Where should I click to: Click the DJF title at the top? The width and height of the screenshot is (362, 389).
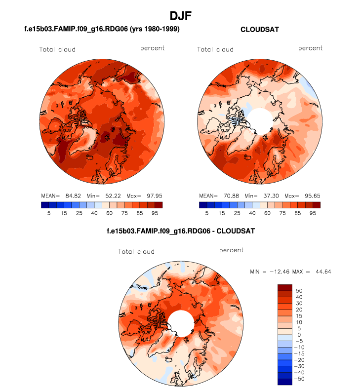[x=180, y=16]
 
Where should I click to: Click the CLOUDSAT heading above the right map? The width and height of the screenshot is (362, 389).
[x=259, y=30]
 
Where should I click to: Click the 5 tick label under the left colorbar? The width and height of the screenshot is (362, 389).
[x=48, y=213]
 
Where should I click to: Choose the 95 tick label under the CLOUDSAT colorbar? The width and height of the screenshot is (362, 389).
[x=313, y=213]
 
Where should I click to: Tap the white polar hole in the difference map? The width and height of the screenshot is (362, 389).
[x=181, y=323]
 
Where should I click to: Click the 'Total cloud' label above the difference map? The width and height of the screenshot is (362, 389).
[x=136, y=252]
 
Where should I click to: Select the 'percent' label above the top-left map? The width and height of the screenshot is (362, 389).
[x=152, y=48]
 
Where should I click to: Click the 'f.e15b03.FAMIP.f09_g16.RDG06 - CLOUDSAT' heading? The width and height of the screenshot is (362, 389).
[x=181, y=231]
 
